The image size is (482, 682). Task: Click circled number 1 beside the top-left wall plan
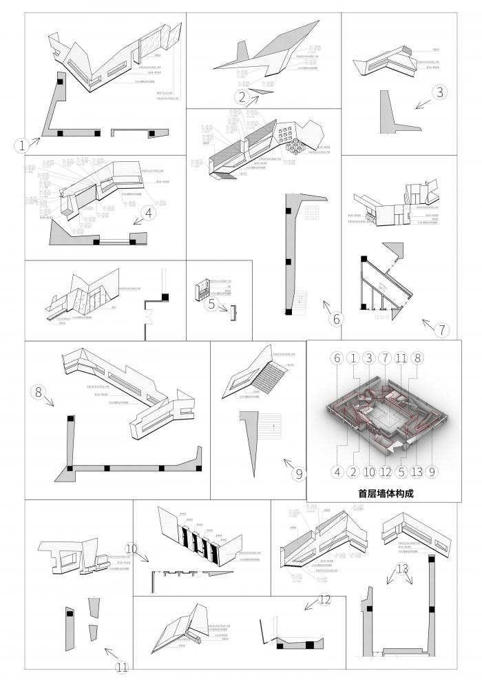pyautogui.click(x=22, y=145)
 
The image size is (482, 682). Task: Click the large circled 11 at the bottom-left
pyautogui.click(x=325, y=600)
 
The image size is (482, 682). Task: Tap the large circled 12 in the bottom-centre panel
pyautogui.click(x=402, y=569)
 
